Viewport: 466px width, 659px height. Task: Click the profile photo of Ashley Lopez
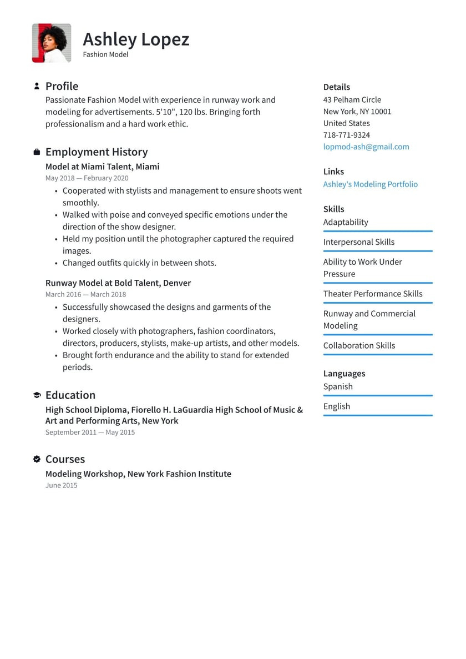point(52,43)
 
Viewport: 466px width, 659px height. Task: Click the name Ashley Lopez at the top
point(136,39)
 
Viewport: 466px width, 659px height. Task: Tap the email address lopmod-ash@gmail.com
point(366,147)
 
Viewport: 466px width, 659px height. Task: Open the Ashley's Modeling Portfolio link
point(371,184)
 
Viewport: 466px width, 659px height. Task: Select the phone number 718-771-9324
point(347,135)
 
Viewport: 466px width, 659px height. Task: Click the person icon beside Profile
point(37,86)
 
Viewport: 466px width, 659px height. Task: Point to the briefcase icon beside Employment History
point(37,152)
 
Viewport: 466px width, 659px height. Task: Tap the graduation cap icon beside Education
point(37,395)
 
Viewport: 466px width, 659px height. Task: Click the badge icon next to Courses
point(37,459)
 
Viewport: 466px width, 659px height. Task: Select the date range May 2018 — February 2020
point(87,178)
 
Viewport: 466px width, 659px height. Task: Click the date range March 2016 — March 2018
point(85,294)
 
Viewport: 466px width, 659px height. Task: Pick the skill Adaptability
point(346,222)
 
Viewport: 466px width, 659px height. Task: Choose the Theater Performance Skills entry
point(373,294)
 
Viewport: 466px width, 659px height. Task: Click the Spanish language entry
point(338,386)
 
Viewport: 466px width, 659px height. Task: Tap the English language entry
point(337,406)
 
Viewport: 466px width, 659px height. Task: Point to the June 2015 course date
point(62,485)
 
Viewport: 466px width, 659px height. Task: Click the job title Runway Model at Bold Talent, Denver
point(118,283)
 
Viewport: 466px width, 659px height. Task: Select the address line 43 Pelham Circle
point(352,100)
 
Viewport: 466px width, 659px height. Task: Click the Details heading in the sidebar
point(337,87)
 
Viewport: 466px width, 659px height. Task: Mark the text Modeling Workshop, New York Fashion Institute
point(138,474)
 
